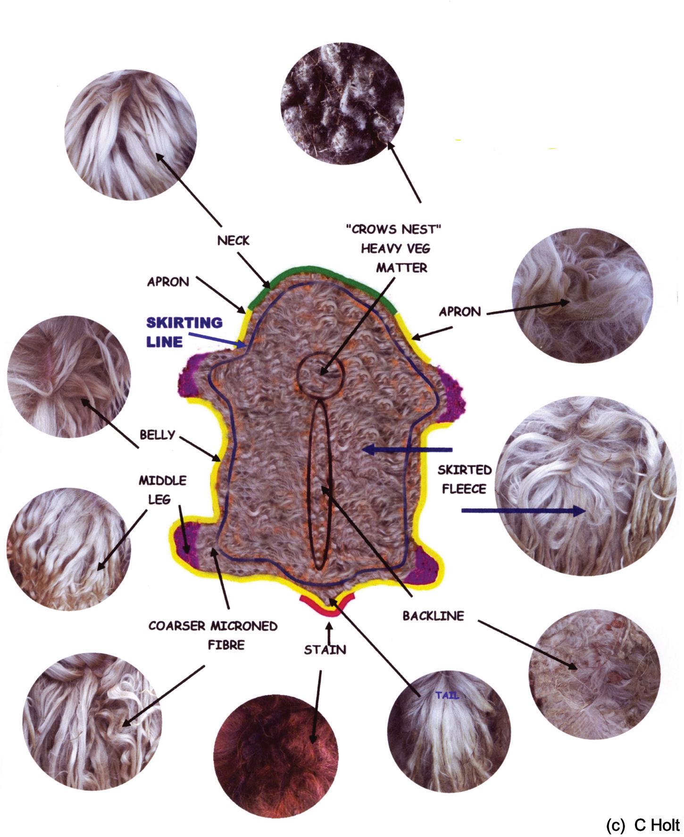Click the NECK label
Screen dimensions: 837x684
[233, 241]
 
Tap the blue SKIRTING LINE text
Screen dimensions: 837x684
[184, 332]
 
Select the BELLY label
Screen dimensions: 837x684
[158, 435]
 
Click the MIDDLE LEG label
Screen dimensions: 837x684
[162, 490]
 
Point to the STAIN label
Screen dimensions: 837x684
[325, 650]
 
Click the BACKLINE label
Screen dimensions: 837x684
[433, 616]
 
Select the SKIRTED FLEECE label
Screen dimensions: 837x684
[464, 479]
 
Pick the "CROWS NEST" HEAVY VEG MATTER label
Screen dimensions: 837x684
[395, 248]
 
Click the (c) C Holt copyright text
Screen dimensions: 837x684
[642, 825]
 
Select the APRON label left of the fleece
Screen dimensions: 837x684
[168, 282]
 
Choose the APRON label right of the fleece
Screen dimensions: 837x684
[459, 311]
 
